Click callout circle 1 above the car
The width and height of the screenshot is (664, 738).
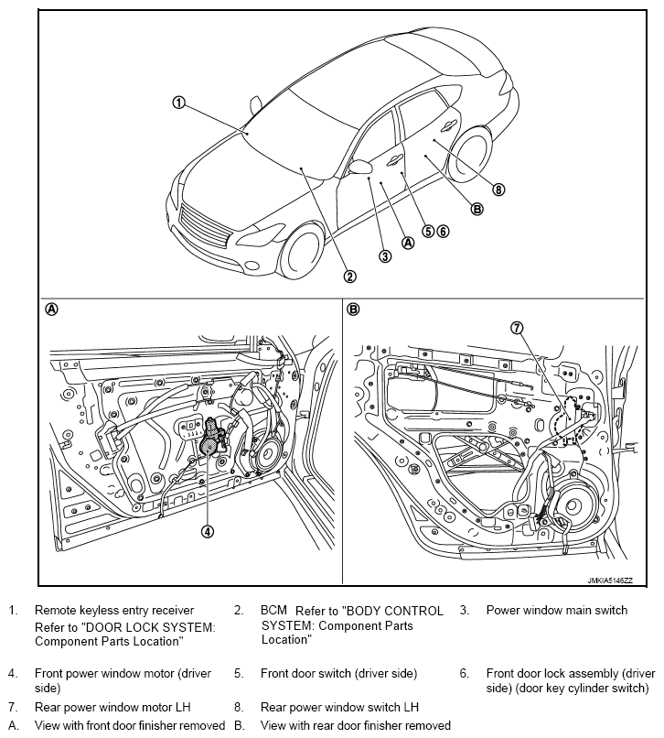179,103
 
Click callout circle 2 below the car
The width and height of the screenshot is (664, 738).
349,276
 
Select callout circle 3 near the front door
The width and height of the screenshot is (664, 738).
385,256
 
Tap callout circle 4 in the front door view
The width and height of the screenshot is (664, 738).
208,530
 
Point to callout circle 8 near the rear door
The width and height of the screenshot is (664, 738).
498,190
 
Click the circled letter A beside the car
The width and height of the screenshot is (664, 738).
408,243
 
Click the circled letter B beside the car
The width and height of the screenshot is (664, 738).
477,209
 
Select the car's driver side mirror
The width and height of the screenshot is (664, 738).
361,167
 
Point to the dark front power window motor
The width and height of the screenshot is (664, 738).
210,440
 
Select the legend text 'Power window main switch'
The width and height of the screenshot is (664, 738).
556,611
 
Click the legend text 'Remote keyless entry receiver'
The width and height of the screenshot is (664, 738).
114,611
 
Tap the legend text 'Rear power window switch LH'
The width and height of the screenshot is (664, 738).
339,707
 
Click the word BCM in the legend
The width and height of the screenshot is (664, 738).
274,611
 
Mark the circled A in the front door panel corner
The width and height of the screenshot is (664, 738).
52,309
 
